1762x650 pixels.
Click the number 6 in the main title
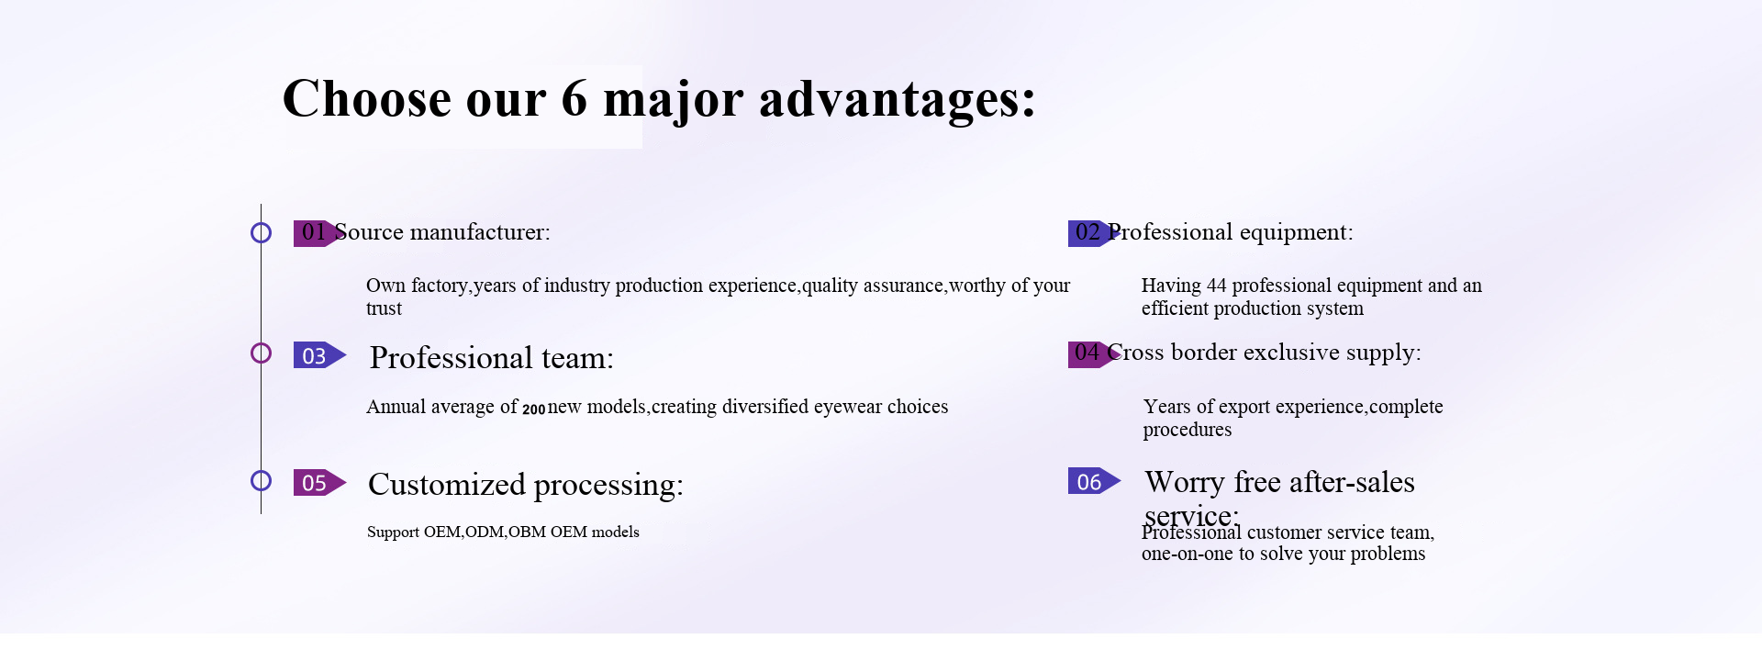pos(574,98)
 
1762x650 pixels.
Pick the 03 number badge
pos(319,355)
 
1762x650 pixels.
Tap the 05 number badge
pos(319,482)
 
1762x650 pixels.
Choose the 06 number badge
pos(1094,481)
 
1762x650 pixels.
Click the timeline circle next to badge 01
pos(261,222)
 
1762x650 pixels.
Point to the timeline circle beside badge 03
pos(261,343)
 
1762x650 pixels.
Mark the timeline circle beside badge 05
pos(261,471)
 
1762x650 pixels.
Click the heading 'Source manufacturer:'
pos(442,232)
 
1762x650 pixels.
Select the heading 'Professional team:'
pos(492,358)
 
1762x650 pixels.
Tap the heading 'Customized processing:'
pos(526,485)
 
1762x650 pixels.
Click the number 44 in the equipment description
pos(1217,286)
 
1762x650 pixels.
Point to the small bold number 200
pos(534,409)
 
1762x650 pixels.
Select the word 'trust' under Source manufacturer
pos(384,308)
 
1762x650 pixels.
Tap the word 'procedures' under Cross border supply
pos(1188,431)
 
